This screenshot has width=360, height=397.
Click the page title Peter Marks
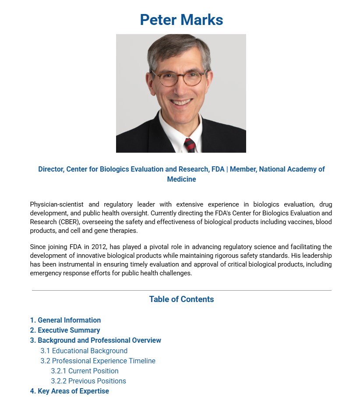click(181, 20)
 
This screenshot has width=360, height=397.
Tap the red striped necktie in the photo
click(190, 145)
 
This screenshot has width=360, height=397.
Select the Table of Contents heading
click(181, 299)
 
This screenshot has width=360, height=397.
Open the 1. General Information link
click(65, 320)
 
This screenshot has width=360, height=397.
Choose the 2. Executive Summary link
click(65, 330)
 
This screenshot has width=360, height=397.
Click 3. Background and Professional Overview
click(95, 341)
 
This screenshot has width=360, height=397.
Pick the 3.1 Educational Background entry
click(84, 351)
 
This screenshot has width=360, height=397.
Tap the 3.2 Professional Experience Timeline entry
click(98, 361)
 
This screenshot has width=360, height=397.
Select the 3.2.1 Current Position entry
click(85, 371)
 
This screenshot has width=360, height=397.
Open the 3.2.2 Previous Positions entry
click(88, 381)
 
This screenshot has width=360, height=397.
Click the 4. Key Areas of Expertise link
click(69, 391)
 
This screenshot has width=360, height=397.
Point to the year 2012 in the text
click(99, 247)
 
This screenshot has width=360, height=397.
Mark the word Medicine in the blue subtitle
click(181, 179)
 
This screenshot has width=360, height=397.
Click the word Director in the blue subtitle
click(50, 169)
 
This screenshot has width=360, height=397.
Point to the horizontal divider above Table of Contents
click(181, 290)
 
